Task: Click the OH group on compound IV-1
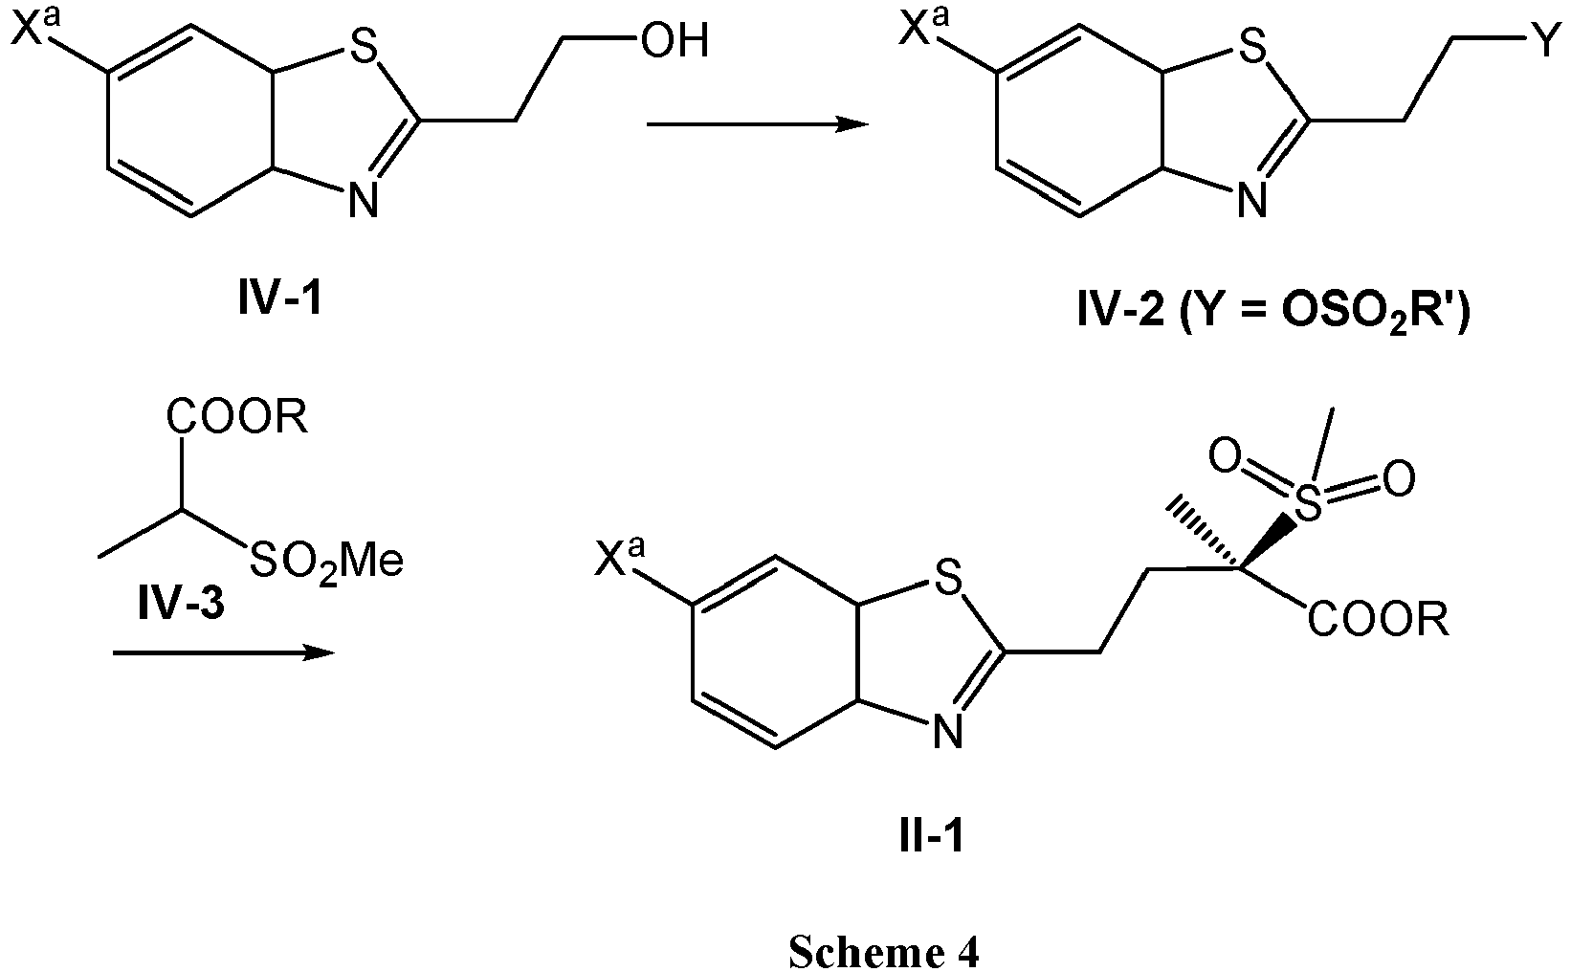(675, 41)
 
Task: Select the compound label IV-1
(279, 298)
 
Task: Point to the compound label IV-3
(182, 604)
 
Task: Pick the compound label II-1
(932, 837)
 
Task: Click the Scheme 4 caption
(884, 952)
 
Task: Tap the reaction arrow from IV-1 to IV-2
(758, 124)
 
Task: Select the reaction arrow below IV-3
(224, 653)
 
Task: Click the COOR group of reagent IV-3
(237, 418)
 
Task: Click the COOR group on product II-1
(1379, 621)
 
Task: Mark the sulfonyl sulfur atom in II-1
(1307, 503)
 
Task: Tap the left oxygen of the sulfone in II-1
(1226, 457)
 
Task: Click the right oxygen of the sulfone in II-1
(1399, 479)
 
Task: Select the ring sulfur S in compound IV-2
(1251, 49)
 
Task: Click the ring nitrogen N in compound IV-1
(364, 200)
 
